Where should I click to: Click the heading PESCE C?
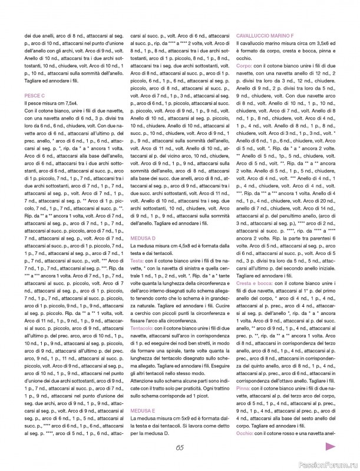pyautogui.click(x=36, y=95)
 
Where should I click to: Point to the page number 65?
pyautogui.click(x=180, y=447)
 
